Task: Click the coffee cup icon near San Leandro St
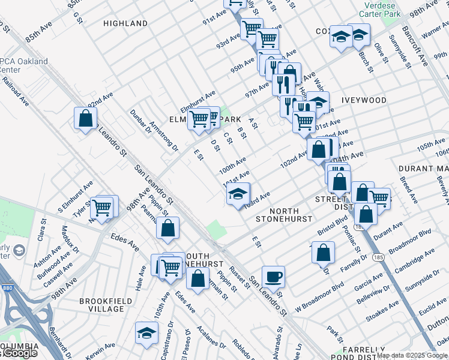pos(273,277)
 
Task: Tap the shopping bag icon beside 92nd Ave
pos(85,118)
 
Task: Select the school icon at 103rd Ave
pos(238,194)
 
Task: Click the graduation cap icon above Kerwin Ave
pos(146,332)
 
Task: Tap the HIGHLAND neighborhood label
pos(125,23)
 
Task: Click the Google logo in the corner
pos(19,353)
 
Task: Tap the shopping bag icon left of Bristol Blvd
pos(323,253)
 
